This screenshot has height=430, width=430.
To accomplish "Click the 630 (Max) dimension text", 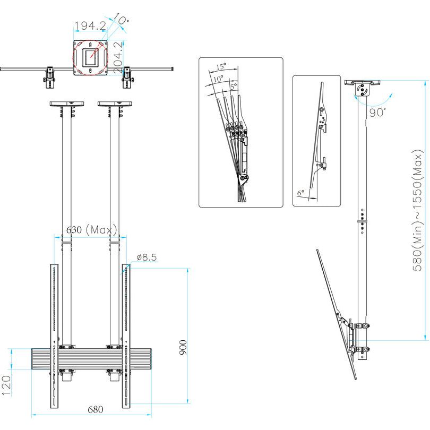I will click(91, 230).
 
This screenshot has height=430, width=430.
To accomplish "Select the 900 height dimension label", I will click(183, 348).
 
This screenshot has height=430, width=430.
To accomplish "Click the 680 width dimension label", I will click(95, 409).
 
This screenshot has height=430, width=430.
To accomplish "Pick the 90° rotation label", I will click(378, 113).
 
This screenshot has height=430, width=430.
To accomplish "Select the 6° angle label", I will click(300, 194).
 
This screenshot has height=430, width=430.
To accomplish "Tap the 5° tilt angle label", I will click(233, 85).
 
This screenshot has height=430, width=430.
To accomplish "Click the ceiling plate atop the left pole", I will click(65, 104).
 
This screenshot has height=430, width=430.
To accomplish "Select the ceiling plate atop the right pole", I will click(114, 104).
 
